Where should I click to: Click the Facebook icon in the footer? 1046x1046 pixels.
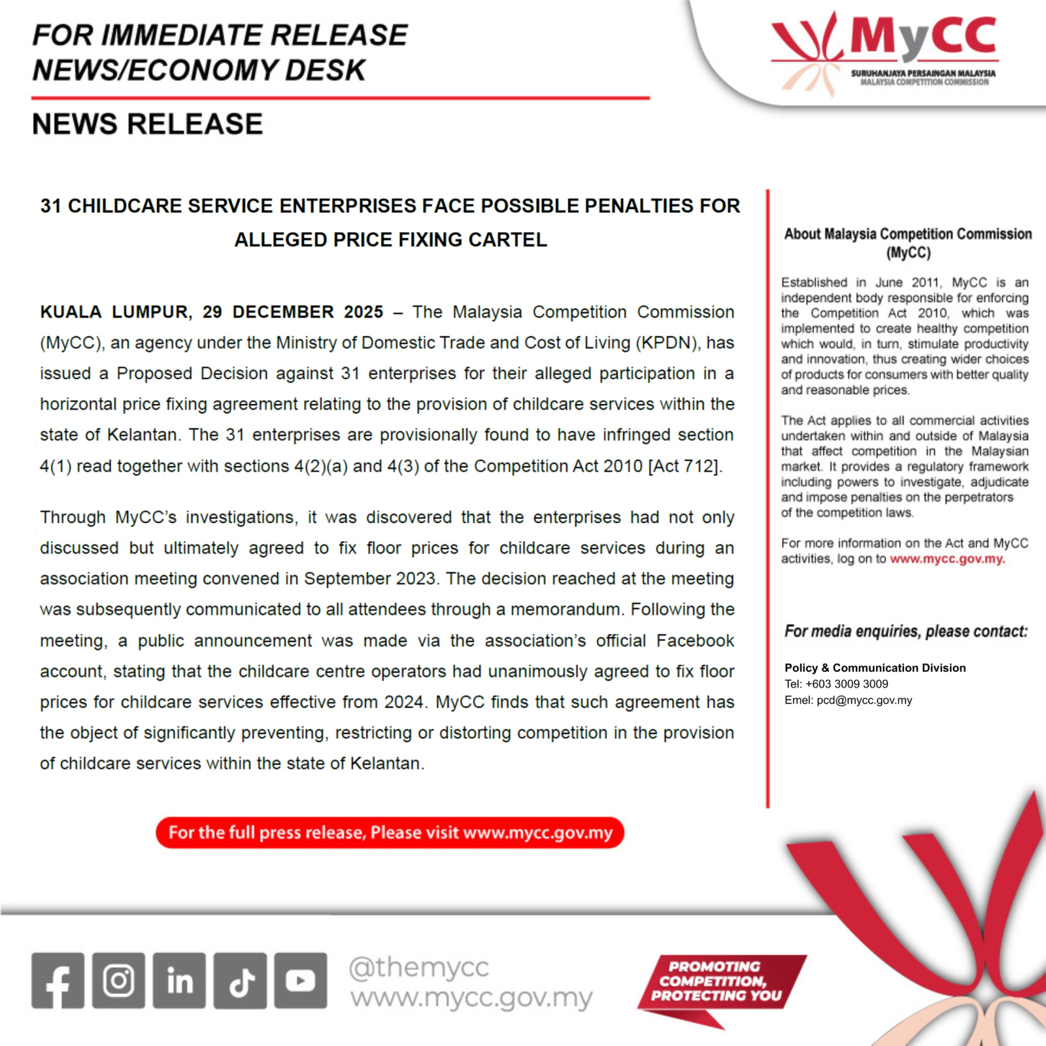point(58,980)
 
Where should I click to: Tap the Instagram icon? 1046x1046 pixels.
point(118,980)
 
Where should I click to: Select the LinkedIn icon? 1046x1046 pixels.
point(179,980)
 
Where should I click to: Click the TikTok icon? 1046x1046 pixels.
point(240,980)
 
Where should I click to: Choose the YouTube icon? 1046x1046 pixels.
point(301,980)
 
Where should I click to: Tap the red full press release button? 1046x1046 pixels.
point(390,832)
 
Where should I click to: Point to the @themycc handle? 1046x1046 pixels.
point(418,967)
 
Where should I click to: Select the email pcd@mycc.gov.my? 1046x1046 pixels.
point(864,700)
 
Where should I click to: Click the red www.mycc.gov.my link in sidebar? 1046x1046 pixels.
point(947,559)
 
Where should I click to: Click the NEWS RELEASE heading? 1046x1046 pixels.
point(147,124)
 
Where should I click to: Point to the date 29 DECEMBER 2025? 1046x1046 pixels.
point(293,312)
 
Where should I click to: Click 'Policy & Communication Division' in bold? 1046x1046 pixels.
point(875,667)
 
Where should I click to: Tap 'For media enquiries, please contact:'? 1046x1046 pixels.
point(905,632)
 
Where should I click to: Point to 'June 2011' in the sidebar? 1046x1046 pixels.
point(907,282)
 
